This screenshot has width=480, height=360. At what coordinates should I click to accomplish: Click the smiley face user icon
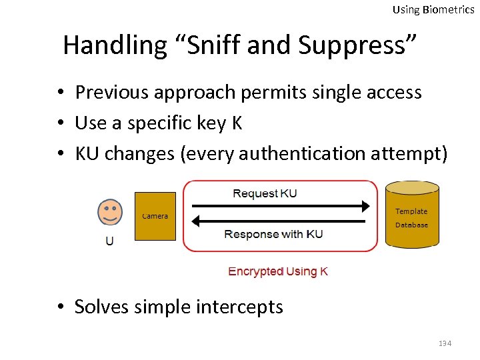[110, 213]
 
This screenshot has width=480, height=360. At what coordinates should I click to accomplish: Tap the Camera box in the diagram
[155, 216]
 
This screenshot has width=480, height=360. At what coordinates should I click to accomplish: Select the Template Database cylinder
[412, 215]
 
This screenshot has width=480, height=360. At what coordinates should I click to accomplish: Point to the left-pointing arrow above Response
[281, 221]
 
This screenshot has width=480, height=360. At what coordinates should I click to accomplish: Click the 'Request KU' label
[265, 193]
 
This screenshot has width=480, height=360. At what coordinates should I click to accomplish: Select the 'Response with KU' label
[273, 234]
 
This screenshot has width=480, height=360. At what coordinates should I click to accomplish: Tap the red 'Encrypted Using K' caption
[278, 271]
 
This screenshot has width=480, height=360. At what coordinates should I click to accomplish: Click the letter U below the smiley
[110, 241]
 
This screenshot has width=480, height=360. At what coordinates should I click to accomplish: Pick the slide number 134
[445, 343]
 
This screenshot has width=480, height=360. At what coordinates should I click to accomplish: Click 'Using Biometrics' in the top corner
[433, 9]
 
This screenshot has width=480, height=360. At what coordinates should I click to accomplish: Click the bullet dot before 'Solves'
[60, 307]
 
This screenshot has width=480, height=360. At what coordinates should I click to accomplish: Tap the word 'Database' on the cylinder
[411, 225]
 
